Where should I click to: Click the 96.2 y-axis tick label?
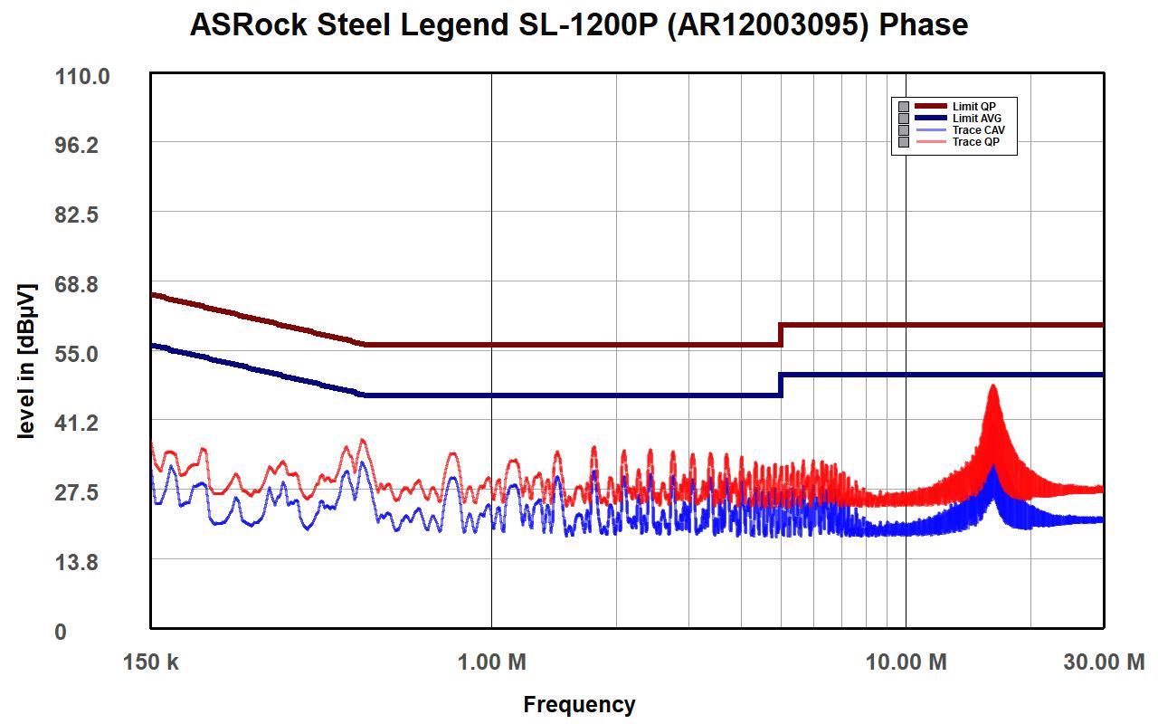(x=83, y=146)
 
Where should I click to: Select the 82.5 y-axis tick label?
(x=83, y=215)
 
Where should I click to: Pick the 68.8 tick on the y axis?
(x=83, y=285)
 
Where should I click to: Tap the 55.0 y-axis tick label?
(x=83, y=354)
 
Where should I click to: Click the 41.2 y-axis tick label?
(x=83, y=423)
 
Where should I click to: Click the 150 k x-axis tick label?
(x=151, y=662)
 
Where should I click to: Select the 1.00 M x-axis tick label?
(x=491, y=662)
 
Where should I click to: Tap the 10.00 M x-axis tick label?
(x=906, y=662)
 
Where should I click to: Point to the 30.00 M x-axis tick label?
(x=1103, y=662)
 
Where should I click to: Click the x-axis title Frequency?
(x=579, y=705)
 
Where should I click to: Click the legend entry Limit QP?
(x=973, y=107)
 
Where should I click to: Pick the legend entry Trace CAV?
(x=978, y=130)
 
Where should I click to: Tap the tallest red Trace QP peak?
(x=993, y=387)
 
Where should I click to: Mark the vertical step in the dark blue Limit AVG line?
(x=781, y=385)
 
